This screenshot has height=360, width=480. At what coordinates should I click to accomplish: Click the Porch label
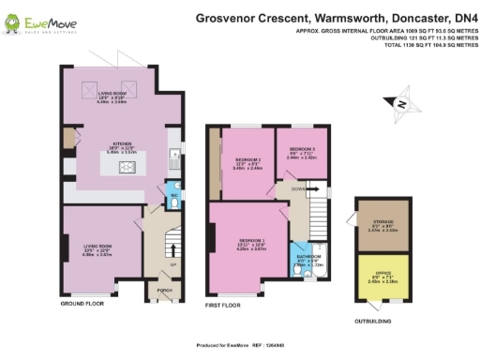[x=164, y=290]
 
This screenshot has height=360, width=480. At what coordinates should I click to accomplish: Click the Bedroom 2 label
[x=246, y=160]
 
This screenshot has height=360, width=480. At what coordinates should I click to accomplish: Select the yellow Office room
[x=382, y=277]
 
